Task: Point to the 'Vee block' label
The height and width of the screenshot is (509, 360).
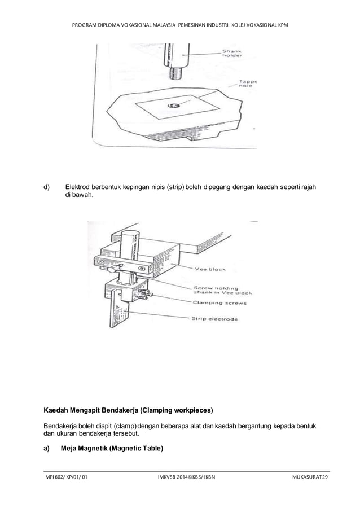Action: coord(210,269)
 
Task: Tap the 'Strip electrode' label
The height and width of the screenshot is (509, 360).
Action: coord(216,319)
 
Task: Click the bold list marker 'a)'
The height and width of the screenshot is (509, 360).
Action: coord(47,449)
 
